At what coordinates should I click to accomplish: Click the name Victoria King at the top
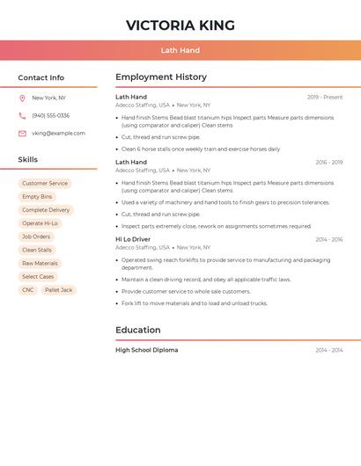coord(180,25)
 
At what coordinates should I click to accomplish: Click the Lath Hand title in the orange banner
coord(180,50)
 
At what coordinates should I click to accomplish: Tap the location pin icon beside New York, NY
coord(22,98)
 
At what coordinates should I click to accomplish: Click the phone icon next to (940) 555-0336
coord(22,116)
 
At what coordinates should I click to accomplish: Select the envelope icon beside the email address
coord(22,134)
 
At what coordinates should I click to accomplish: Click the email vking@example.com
coord(58,134)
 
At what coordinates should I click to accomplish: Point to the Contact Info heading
coord(41,77)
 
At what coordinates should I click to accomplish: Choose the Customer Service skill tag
coord(45,184)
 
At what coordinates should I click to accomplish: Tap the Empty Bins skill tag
coord(37,197)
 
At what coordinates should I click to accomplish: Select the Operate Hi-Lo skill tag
coord(40,223)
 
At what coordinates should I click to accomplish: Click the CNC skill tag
coord(28,290)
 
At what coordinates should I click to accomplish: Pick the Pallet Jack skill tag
coord(59,290)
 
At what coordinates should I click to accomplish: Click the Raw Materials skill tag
coord(40,264)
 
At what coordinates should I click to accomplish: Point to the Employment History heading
coord(161,77)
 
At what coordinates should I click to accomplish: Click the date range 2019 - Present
coord(325,98)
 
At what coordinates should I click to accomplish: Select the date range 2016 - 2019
coord(328,163)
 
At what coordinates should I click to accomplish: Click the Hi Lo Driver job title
coord(133,239)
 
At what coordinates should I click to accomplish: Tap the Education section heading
coord(138,331)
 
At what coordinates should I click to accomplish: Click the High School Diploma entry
coord(146,350)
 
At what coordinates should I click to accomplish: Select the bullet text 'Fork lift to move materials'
coord(194,303)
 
